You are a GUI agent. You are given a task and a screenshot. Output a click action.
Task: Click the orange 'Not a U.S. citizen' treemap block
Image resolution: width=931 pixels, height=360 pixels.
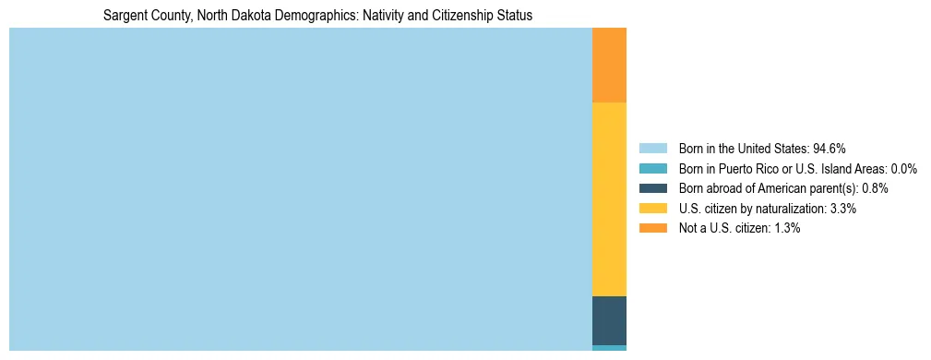pyautogui.click(x=609, y=65)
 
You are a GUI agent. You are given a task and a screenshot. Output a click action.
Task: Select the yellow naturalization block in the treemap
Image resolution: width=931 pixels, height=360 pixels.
pyautogui.click(x=609, y=198)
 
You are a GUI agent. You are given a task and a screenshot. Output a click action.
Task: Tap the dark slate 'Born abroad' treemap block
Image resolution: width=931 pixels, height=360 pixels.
pyautogui.click(x=609, y=320)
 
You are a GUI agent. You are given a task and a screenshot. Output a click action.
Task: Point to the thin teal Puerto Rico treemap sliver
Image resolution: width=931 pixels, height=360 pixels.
pyautogui.click(x=609, y=348)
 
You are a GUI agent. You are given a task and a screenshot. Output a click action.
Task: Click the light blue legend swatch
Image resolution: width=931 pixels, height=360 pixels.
pyautogui.click(x=652, y=148)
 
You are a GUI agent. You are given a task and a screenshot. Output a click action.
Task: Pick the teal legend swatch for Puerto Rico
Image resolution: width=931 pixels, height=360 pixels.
pyautogui.click(x=652, y=168)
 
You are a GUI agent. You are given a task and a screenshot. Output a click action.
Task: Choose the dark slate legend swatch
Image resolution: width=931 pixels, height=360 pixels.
pyautogui.click(x=652, y=188)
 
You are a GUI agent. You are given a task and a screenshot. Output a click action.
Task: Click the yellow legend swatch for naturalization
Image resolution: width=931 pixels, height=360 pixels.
pyautogui.click(x=652, y=209)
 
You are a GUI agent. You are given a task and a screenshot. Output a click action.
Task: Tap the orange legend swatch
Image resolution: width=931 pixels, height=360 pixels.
pyautogui.click(x=652, y=228)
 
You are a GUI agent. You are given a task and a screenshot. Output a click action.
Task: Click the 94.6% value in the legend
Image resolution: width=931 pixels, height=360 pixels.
pyautogui.click(x=830, y=148)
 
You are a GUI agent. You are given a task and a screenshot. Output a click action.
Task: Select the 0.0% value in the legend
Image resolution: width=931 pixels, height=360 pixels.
pyautogui.click(x=903, y=168)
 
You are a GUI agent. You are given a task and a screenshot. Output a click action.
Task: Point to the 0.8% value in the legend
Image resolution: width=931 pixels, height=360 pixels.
pyautogui.click(x=875, y=188)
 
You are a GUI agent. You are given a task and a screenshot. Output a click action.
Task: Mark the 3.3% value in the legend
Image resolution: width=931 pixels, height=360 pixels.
pyautogui.click(x=842, y=209)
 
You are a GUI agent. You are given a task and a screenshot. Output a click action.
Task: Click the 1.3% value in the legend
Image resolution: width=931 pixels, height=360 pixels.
pyautogui.click(x=786, y=228)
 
